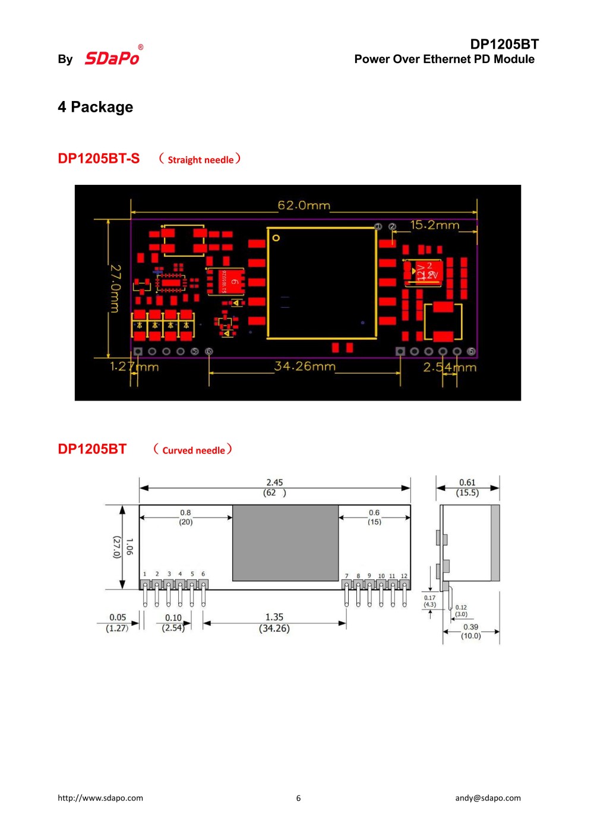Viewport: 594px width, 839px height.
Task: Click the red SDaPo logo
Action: [x=112, y=58]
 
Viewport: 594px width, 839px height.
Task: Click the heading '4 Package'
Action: [x=95, y=107]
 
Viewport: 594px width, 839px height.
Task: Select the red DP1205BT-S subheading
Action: [x=99, y=159]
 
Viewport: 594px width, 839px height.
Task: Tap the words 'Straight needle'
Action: [x=200, y=160]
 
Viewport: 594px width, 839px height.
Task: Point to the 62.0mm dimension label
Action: [x=304, y=206]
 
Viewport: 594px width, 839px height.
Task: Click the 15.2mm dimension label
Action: [x=435, y=225]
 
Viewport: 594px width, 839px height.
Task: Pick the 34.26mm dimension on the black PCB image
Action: [x=305, y=366]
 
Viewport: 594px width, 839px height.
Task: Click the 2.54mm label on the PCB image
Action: [x=449, y=368]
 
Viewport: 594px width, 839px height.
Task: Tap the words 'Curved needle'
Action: [x=194, y=450]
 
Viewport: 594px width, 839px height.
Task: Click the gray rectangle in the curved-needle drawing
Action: [x=285, y=542]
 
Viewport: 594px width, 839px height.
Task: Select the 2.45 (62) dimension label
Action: [x=274, y=487]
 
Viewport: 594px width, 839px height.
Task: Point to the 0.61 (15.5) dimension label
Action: [x=467, y=487]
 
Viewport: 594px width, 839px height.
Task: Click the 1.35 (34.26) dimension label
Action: [x=274, y=623]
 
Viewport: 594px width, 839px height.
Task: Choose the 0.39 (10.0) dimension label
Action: [x=471, y=631]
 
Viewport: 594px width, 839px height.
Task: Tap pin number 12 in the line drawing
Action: [x=404, y=576]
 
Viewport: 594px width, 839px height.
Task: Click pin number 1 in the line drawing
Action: [x=145, y=574]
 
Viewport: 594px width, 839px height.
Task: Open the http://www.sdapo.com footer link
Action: [x=100, y=798]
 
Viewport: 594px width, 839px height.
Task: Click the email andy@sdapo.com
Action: [x=488, y=798]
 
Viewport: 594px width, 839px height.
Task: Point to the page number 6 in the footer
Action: [x=298, y=798]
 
